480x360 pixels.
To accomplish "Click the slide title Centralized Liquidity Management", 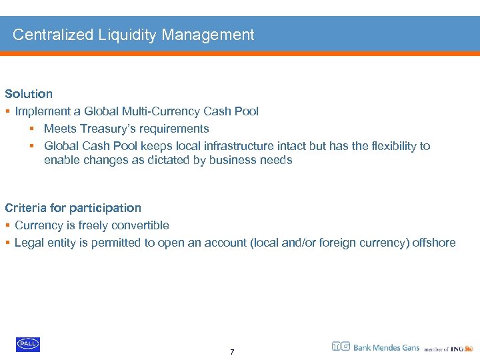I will point(133,35).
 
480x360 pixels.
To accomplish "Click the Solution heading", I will point(29,94).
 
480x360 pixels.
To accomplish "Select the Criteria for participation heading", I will point(73,208).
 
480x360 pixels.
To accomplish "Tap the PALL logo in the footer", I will point(28,344).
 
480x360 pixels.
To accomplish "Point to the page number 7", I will point(232,352).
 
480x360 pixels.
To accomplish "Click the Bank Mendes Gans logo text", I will point(386,347).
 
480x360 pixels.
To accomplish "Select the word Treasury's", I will point(106,129).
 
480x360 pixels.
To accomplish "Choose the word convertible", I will point(136,225).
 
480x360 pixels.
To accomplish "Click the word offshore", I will point(434,243).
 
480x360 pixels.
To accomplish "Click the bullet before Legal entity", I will point(7,243).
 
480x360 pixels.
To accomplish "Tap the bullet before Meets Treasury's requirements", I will point(31,129).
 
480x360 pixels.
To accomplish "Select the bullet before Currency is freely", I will point(7,225).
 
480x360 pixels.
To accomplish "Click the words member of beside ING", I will point(436,349).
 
